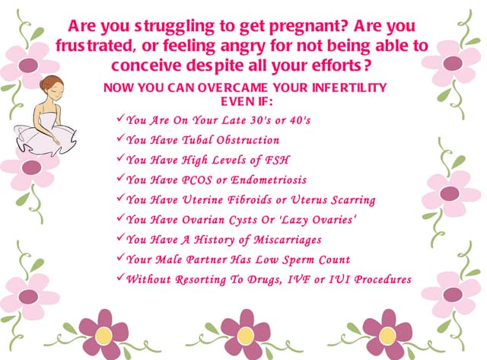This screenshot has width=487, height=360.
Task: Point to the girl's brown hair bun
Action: point(50,83)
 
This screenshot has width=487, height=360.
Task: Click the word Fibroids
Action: point(257,199)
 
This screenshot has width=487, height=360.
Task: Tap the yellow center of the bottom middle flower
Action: point(245,335)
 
